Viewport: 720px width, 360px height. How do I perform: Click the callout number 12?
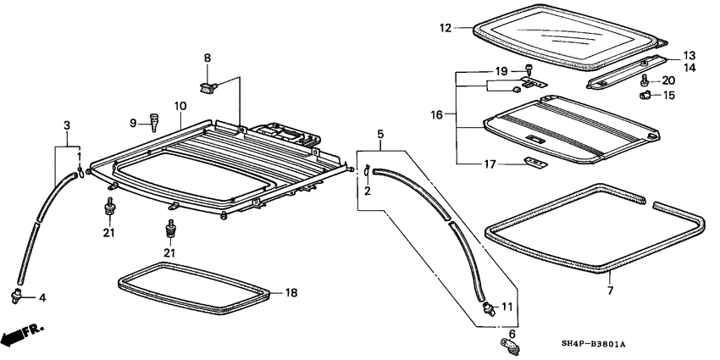(446, 28)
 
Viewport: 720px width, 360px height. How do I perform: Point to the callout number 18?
(291, 293)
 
